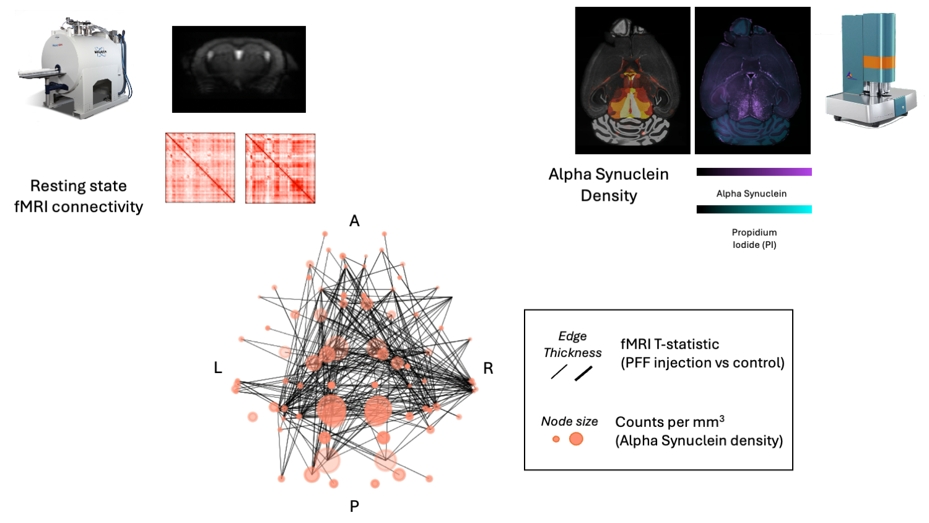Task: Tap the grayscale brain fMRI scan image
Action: click(238, 69)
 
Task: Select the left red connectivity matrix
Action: click(200, 167)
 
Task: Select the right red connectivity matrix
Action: click(280, 168)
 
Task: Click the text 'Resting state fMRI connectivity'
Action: click(79, 196)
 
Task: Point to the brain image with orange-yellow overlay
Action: click(632, 81)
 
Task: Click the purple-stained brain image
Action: click(752, 81)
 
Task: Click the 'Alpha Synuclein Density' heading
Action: click(608, 185)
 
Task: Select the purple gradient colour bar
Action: click(754, 172)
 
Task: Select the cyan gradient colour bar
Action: click(754, 209)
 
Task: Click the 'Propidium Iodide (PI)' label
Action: click(754, 239)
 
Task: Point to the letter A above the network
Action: click(354, 221)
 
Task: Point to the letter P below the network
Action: click(354, 506)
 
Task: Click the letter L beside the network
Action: click(218, 368)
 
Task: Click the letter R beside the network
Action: click(488, 369)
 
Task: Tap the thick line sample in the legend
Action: click(583, 373)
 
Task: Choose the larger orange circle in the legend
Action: click(576, 439)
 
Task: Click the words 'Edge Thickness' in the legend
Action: click(572, 345)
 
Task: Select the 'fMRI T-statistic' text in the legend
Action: click(669, 345)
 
